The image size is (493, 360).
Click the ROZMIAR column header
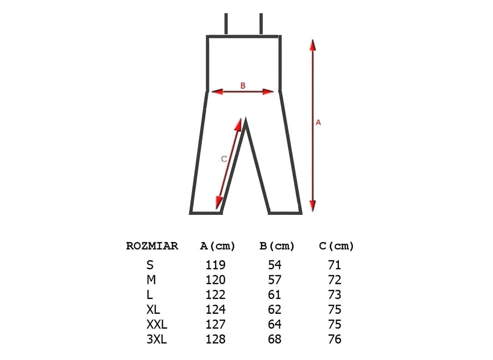click(152, 246)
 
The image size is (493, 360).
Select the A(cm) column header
click(217, 246)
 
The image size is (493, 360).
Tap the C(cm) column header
click(337, 246)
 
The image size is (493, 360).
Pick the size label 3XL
click(156, 339)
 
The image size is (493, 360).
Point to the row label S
click(150, 265)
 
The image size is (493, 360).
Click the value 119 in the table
click(216, 265)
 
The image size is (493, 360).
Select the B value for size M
click(275, 280)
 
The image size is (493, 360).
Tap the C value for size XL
click(334, 309)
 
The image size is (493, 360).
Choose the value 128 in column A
click(216, 339)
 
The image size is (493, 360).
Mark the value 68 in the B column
click(275, 339)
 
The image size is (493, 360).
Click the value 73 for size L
click(334, 295)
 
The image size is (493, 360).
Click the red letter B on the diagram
click(243, 86)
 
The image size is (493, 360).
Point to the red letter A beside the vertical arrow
click(318, 122)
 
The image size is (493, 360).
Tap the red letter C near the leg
click(224, 159)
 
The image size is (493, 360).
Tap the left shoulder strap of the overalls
click(226, 24)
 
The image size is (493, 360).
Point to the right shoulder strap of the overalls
click(261, 24)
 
